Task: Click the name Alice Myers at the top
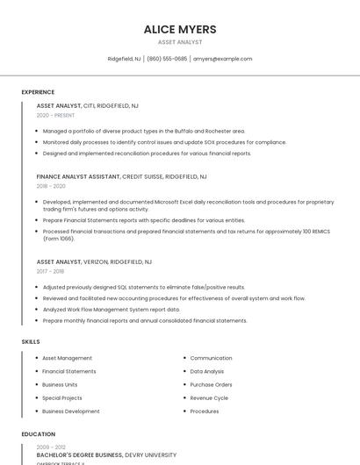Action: pyautogui.click(x=180, y=29)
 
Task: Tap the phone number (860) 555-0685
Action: pyautogui.click(x=167, y=59)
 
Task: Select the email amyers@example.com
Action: pyautogui.click(x=222, y=59)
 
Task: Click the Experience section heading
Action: pyautogui.click(x=38, y=92)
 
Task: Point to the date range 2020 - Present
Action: pyautogui.click(x=55, y=115)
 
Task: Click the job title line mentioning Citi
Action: pyautogui.click(x=87, y=105)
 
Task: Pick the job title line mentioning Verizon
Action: pyautogui.click(x=94, y=261)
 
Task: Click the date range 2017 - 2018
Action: pyautogui.click(x=51, y=271)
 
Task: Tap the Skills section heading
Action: pyautogui.click(x=31, y=341)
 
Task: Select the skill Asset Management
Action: pyautogui.click(x=67, y=358)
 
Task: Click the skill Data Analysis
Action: pyautogui.click(x=207, y=371)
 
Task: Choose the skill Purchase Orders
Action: pyautogui.click(x=211, y=384)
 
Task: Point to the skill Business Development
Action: pyautogui.click(x=70, y=411)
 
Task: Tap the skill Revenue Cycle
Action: pyautogui.click(x=209, y=398)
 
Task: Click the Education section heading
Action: pyautogui.click(x=38, y=434)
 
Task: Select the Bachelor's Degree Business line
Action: pyautogui.click(x=106, y=455)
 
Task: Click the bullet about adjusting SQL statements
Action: pyautogui.click(x=144, y=287)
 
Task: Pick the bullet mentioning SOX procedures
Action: pyautogui.click(x=164, y=142)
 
